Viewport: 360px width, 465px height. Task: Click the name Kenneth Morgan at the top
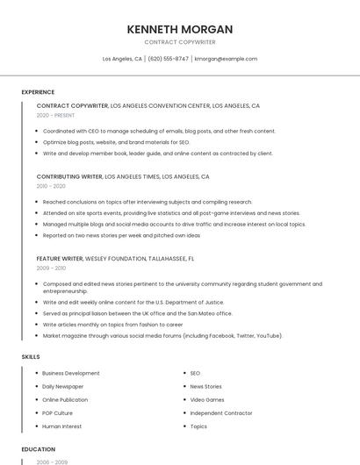[x=179, y=29]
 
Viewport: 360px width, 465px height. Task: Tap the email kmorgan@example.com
[x=226, y=59]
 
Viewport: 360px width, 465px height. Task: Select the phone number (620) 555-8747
[x=168, y=59]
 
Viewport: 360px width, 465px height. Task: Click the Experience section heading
[x=38, y=92]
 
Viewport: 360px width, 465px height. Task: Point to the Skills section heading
[x=31, y=357]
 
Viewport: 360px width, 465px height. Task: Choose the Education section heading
[x=39, y=449]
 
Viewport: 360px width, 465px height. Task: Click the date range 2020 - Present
[x=56, y=115]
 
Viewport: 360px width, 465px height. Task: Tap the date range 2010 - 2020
[x=51, y=186]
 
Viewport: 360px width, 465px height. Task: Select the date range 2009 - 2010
[x=51, y=268]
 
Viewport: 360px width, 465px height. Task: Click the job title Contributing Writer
[x=69, y=176]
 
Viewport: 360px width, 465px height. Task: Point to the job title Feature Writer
[x=60, y=259]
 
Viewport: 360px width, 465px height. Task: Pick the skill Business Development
[x=71, y=373]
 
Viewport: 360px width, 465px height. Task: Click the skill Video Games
[x=207, y=400]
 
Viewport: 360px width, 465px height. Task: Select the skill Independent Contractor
[x=220, y=413]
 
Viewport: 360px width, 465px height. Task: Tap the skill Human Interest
[x=61, y=426]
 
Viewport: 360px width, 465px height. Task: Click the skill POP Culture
[x=58, y=413]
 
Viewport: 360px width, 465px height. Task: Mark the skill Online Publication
[x=65, y=400]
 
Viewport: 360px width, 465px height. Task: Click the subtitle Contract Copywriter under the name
[x=179, y=42]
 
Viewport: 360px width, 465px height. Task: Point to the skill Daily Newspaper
[x=63, y=386]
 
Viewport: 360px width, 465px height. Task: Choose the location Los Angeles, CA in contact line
[x=122, y=59]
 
